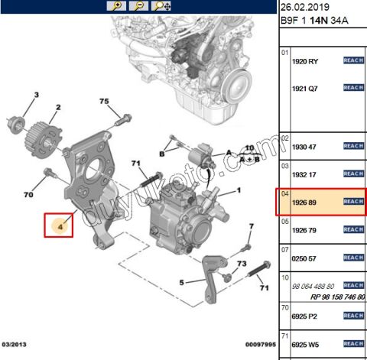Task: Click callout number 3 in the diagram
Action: pyautogui.click(x=34, y=95)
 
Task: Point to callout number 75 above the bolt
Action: pyautogui.click(x=105, y=102)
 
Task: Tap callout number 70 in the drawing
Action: pyautogui.click(x=28, y=195)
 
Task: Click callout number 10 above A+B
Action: pyautogui.click(x=248, y=147)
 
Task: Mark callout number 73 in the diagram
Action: pyautogui.click(x=241, y=264)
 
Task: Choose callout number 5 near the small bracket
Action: pyautogui.click(x=183, y=282)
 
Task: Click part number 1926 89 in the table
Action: pyautogui.click(x=305, y=201)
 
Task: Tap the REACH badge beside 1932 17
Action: pyautogui.click(x=352, y=174)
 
